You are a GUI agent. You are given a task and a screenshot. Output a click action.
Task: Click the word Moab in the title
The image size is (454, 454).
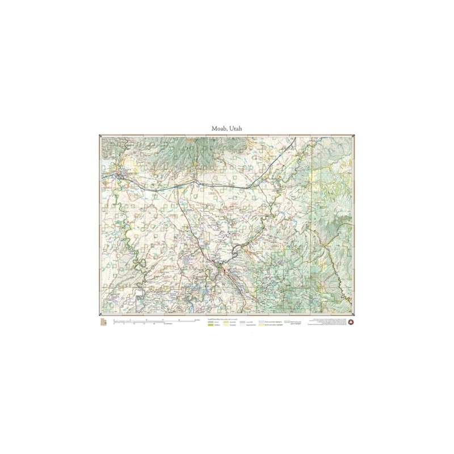coord(218,129)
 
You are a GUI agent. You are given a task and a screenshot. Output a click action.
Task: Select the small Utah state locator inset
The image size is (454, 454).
coord(103,322)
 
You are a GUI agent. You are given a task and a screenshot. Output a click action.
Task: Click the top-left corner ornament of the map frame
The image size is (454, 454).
coord(100,136)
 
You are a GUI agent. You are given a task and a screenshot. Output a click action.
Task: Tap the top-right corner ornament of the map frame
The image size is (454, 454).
coord(354,136)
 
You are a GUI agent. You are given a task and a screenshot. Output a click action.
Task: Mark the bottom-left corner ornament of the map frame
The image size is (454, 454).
coord(100,314)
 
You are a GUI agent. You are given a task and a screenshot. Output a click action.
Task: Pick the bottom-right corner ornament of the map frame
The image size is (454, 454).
coord(354,314)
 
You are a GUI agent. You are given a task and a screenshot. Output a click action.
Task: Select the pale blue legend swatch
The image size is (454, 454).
coord(262,322)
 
